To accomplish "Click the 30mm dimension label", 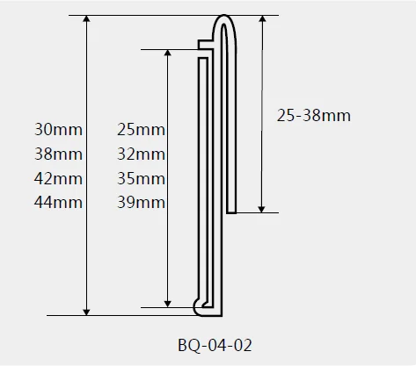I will (x=58, y=130).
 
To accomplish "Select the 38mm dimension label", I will (x=58, y=154).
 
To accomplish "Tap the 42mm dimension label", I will (x=58, y=179).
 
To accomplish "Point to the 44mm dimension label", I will (x=58, y=203).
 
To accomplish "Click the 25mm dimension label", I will (x=141, y=130).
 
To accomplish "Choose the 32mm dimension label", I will (x=141, y=154).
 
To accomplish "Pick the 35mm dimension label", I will (x=141, y=179).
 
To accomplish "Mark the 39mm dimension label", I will (x=141, y=203).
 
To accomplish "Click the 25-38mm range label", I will (x=313, y=115).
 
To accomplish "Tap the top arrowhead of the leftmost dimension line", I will (x=86, y=20).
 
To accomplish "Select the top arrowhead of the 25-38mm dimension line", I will (x=262, y=20).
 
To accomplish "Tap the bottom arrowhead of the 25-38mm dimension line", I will (x=262, y=207).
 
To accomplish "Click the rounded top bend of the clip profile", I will (x=226, y=18).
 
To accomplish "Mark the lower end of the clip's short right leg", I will (x=232, y=209).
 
